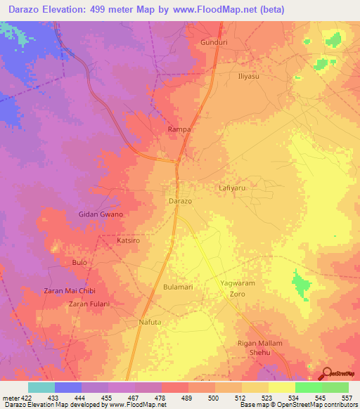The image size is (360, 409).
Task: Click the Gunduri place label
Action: (x=209, y=42)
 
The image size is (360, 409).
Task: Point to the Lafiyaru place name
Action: (x=233, y=188)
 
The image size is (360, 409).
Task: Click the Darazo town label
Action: (x=180, y=201)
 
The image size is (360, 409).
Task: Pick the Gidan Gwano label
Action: (x=101, y=214)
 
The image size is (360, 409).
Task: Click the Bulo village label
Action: (x=79, y=262)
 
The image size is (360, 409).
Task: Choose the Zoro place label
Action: (x=237, y=294)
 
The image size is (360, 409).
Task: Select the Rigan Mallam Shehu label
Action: (x=260, y=348)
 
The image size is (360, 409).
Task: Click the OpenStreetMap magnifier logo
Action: (x=327, y=373)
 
